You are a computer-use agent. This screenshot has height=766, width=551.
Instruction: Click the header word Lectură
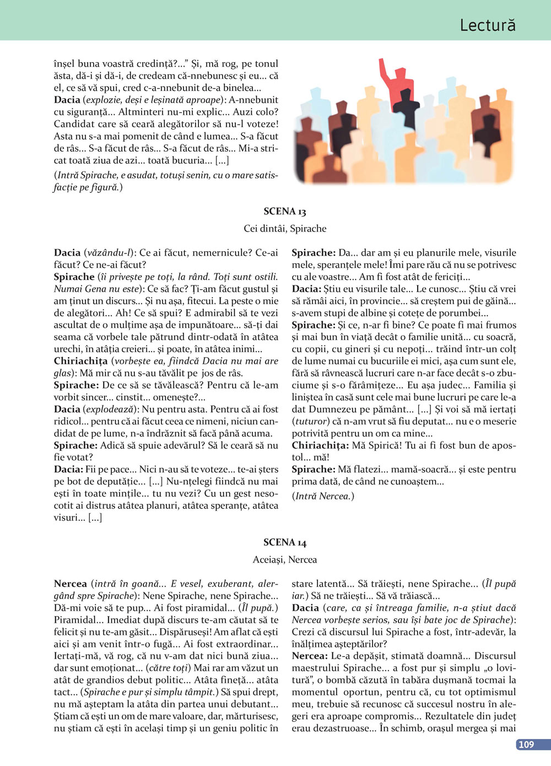coord(488,25)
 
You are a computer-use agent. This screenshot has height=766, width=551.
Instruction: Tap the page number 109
coord(526,745)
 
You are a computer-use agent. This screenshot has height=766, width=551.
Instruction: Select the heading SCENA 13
coord(285,212)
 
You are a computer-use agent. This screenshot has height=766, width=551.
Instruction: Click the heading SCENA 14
coord(285,542)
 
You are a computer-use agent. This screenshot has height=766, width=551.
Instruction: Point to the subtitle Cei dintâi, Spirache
coord(285,229)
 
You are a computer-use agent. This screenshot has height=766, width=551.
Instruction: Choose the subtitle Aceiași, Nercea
coord(285,560)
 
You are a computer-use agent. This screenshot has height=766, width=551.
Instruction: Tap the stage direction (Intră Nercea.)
coord(323,496)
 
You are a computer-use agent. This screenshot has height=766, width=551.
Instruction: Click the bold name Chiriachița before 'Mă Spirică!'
coord(320,445)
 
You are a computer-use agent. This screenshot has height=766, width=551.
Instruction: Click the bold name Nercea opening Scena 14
coord(71,584)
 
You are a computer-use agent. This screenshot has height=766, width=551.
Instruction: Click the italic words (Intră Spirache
coord(85,175)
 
